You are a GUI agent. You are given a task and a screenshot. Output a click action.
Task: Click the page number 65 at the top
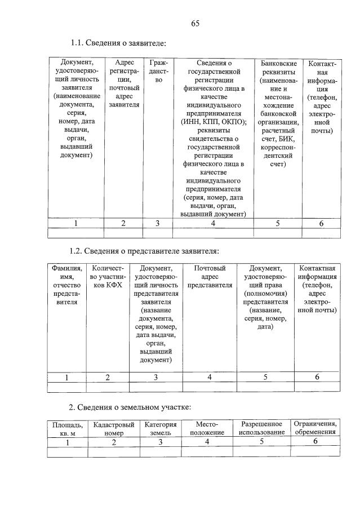point(195,23)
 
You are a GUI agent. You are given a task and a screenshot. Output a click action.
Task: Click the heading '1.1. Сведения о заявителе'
point(118,43)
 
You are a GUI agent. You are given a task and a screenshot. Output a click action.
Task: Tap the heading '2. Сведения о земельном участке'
point(130,407)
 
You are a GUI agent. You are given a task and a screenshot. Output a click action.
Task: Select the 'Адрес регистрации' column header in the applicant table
point(124,83)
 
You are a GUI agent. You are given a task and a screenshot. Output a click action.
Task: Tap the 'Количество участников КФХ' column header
point(108,277)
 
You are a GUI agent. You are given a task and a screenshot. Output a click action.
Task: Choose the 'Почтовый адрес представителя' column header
point(210,277)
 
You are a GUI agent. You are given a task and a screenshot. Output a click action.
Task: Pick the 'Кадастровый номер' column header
point(113,428)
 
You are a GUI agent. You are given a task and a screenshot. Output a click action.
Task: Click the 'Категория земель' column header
point(160,428)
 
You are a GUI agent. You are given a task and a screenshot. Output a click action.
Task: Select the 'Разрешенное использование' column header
point(261,428)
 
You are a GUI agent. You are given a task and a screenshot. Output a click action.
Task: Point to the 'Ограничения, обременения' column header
point(315,427)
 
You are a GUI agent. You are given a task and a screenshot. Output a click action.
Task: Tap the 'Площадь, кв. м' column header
point(68,428)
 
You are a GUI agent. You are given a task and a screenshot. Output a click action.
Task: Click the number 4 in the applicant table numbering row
point(213,223)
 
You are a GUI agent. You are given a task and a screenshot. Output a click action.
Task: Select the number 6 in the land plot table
point(315,441)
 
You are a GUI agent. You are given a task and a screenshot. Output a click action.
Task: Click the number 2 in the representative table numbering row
point(108,377)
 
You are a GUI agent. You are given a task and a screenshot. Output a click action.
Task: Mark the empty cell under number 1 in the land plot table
point(68,451)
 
